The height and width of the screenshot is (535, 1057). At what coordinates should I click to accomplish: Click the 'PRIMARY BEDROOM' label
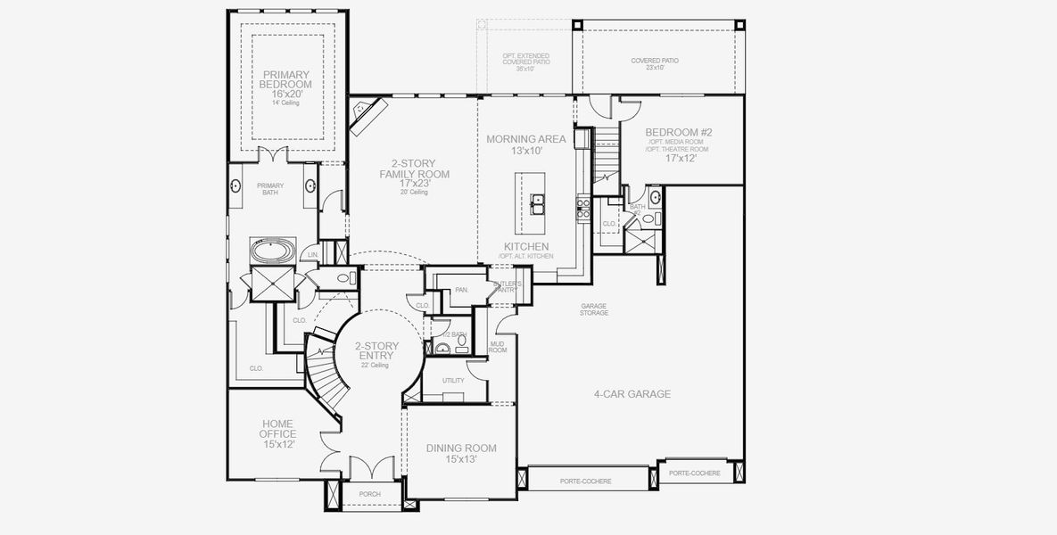[x=285, y=78]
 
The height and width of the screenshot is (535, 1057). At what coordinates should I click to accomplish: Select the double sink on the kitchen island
[x=539, y=206]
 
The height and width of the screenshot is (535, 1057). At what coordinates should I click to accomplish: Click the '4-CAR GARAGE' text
[x=632, y=393]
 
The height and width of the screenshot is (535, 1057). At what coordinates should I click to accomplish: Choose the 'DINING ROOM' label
[x=460, y=448]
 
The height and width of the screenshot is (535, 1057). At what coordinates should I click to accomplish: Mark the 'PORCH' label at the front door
[x=369, y=493]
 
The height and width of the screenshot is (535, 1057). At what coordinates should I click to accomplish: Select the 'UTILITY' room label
[x=453, y=380]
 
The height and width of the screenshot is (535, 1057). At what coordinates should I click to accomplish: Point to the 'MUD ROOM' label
[x=498, y=347]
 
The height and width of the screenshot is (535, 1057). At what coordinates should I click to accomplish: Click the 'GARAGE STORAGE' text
[x=594, y=309]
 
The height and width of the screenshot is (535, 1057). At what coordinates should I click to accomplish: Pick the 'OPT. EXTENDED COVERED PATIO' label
[x=525, y=62]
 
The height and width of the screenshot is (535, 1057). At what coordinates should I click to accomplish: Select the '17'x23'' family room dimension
[x=415, y=183]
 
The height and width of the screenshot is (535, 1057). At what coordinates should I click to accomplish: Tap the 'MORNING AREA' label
[x=525, y=139]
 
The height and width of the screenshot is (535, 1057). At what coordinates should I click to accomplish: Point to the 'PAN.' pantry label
[x=461, y=290]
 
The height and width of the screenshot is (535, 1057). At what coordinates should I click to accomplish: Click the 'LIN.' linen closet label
[x=313, y=255]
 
